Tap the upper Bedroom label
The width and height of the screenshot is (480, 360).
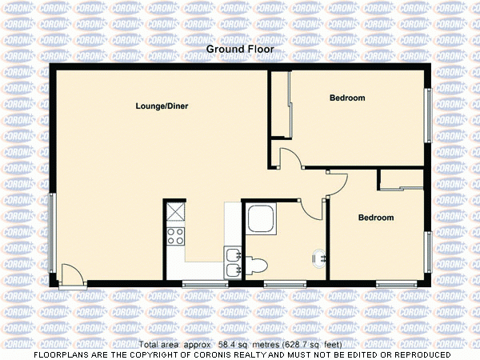tap(347, 98)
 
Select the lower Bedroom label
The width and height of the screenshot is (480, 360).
tap(375, 218)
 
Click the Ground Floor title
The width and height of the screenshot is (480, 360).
tap(240, 50)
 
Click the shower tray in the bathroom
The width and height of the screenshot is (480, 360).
tap(262, 219)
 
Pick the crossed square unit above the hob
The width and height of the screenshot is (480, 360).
tap(175, 213)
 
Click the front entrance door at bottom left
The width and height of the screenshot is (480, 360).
tap(73, 276)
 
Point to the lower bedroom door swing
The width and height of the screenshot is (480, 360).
tap(338, 183)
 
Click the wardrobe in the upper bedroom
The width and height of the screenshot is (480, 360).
tap(278, 106)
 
